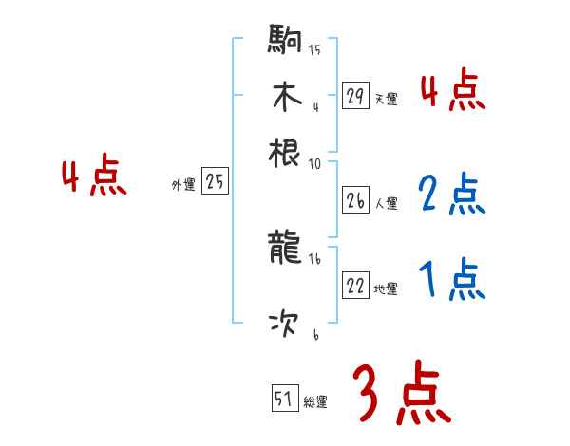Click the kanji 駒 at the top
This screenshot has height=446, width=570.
pos(285,43)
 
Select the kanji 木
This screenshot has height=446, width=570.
pos(285,97)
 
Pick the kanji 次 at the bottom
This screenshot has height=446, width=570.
pos(285,325)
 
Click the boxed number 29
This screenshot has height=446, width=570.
pos(355,95)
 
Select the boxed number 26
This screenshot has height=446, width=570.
pos(355,200)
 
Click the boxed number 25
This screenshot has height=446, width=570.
pos(215,182)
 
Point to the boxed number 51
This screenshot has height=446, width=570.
pos(284,400)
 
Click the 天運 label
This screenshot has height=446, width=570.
pos(386,98)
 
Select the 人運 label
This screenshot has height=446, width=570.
pos(386,203)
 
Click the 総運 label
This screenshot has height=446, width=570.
pos(315,402)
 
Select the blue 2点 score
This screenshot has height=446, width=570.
pos(452,195)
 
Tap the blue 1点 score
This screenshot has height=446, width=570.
pos(452,279)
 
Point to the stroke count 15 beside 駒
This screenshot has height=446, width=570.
pos(314,49)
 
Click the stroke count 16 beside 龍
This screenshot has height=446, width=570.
pos(314,257)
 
